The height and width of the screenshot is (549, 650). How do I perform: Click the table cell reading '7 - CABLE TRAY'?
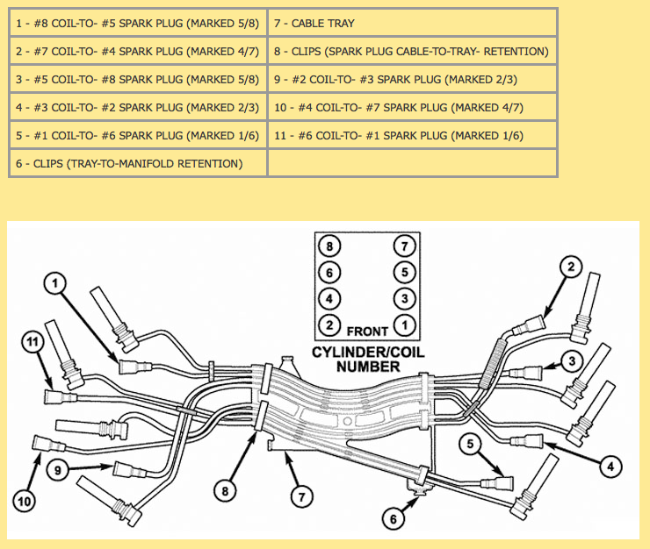point(412,23)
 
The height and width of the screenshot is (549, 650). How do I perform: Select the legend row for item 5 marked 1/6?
point(138,135)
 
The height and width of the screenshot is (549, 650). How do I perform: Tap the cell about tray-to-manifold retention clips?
point(138,163)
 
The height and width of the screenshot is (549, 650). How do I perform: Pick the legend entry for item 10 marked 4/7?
point(412,108)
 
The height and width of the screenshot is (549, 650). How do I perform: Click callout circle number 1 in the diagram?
point(55,283)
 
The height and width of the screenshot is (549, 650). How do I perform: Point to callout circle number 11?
point(33,342)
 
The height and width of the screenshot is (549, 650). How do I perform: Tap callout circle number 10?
point(24,502)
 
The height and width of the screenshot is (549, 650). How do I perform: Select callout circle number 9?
point(58,470)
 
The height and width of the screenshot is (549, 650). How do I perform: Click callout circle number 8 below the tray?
point(225,491)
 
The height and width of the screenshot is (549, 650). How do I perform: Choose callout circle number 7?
point(302,496)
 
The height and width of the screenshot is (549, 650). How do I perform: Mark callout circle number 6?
point(394,519)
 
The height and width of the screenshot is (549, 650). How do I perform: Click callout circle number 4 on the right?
point(610,467)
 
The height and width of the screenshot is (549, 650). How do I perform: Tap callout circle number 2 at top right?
point(571,267)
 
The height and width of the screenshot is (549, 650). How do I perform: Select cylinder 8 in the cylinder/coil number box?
point(329,246)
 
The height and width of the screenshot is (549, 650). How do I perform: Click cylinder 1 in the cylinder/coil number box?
point(405,325)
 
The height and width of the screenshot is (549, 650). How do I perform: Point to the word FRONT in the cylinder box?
point(367,332)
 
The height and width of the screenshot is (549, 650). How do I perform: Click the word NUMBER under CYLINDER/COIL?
point(368,367)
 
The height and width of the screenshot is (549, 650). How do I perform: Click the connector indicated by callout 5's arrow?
point(497,483)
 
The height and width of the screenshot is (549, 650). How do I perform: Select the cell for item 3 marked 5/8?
point(138,80)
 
